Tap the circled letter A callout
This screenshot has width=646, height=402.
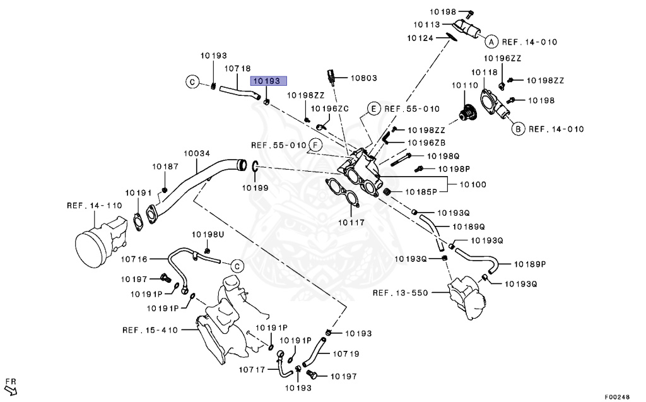(491, 42)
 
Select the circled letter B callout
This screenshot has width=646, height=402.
(518, 129)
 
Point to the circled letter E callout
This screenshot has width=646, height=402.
(373, 109)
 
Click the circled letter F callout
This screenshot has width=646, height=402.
(315, 145)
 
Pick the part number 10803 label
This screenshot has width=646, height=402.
(364, 78)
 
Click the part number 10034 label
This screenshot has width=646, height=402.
(197, 153)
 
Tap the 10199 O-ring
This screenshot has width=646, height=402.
(255, 166)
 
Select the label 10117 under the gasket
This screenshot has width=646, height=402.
(351, 223)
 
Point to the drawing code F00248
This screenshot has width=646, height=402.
(617, 397)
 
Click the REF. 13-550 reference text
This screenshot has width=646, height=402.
(401, 293)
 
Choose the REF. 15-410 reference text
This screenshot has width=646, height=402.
(150, 330)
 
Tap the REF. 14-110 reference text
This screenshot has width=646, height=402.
(95, 205)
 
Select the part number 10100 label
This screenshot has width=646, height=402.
(473, 185)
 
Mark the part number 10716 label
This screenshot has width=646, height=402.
(134, 259)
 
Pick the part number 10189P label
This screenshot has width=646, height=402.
(530, 264)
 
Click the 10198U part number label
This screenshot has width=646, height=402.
(208, 235)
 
